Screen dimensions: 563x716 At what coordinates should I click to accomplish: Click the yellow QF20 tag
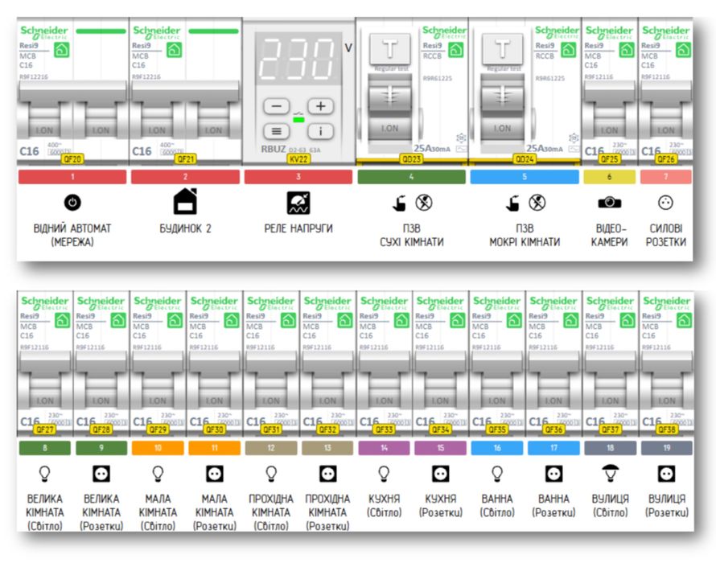coord(72,159)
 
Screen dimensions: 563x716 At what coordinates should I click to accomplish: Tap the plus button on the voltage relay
coord(320,106)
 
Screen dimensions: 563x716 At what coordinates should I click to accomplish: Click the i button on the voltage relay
coord(320,131)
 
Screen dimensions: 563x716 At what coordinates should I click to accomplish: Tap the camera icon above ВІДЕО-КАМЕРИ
coord(609,203)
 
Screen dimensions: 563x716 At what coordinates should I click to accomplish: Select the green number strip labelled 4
coord(411,176)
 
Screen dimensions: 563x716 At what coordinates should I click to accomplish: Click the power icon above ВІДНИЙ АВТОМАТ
coord(72,203)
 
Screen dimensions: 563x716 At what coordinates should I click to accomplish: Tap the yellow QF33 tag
coord(384,430)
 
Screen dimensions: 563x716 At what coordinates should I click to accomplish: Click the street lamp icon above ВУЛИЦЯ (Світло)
coord(611,473)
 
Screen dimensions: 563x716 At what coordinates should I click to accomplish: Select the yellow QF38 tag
coord(666,430)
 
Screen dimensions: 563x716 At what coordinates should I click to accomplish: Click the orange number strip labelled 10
coord(157,448)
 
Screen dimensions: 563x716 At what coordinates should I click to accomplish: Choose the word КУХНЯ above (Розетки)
coord(440,499)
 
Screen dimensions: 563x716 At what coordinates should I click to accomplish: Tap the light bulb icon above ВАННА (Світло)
coord(497,473)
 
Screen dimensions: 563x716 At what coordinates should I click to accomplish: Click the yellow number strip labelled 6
coord(609,176)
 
